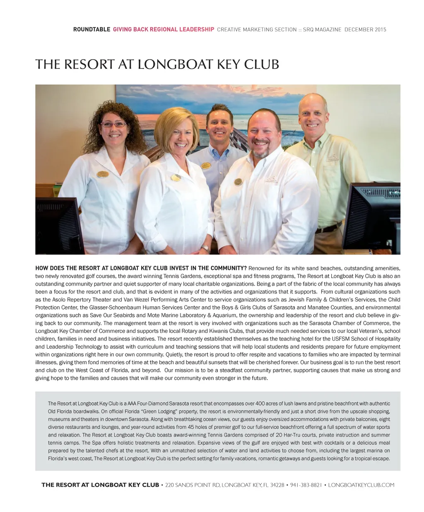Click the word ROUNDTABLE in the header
(x=92, y=29)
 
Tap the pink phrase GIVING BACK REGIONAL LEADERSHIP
(x=164, y=29)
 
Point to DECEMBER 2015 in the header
(x=365, y=29)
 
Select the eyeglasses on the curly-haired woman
(x=113, y=124)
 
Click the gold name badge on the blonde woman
(x=176, y=178)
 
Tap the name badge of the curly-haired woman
(x=102, y=174)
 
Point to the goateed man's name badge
(x=238, y=182)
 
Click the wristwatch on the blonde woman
(x=205, y=249)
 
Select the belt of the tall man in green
(x=329, y=228)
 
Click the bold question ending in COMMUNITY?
(x=141, y=268)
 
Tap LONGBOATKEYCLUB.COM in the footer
(x=361, y=485)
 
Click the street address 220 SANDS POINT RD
(x=192, y=485)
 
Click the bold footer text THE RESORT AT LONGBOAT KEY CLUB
(x=100, y=485)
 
